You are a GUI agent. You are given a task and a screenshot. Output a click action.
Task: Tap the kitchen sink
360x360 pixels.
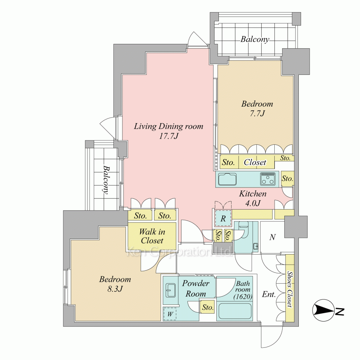pyautogui.click(x=227, y=179)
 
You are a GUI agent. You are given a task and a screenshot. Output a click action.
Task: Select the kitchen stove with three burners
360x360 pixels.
pyautogui.click(x=267, y=179)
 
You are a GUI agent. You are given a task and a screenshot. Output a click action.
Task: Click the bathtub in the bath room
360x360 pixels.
pyautogui.click(x=234, y=311)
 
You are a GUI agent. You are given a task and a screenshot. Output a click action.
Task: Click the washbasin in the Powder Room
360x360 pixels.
pyautogui.click(x=170, y=290)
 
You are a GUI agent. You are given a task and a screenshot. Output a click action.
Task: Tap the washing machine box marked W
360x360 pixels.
pyautogui.click(x=170, y=314)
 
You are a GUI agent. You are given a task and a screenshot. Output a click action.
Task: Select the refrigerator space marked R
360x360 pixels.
pyautogui.click(x=223, y=219)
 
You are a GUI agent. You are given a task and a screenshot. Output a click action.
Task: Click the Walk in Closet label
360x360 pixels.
pyautogui.click(x=152, y=236)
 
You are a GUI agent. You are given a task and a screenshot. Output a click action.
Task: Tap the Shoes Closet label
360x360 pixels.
pyautogui.click(x=290, y=289)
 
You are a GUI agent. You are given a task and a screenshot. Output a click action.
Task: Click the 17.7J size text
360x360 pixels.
pyautogui.click(x=169, y=136)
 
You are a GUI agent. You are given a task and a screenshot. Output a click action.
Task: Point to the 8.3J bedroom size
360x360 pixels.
pyautogui.click(x=115, y=289)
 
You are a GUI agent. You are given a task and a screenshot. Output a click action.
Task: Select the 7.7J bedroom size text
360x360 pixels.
pyautogui.click(x=257, y=113)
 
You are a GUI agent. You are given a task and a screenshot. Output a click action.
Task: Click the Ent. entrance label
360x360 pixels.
pyautogui.click(x=269, y=294)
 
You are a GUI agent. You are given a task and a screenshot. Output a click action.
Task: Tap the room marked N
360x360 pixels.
pyautogui.click(x=273, y=237)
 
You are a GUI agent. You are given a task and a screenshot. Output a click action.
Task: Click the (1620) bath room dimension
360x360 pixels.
pyautogui.click(x=243, y=297)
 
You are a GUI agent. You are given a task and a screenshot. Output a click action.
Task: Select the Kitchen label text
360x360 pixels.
pyautogui.click(x=253, y=194)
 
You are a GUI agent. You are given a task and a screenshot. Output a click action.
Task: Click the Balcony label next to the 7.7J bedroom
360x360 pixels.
pyautogui.click(x=255, y=39)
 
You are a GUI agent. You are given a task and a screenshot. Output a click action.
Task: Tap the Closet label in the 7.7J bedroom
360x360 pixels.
pyautogui.click(x=255, y=162)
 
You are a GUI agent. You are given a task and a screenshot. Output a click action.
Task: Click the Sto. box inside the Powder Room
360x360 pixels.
pyautogui.click(x=208, y=307)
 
